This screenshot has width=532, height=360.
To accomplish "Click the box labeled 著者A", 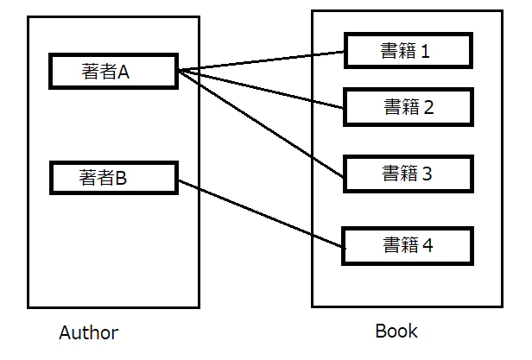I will (x=113, y=72).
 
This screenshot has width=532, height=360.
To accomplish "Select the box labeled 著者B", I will (x=113, y=178).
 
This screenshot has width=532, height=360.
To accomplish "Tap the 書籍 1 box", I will (x=408, y=50).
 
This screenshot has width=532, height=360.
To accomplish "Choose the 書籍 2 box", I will (x=408, y=106).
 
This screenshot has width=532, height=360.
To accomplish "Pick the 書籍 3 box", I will (x=408, y=174).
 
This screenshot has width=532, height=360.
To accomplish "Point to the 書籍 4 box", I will (x=408, y=244).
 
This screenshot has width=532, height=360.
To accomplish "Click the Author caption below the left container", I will (x=88, y=332).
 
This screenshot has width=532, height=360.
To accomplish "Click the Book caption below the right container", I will (x=396, y=331).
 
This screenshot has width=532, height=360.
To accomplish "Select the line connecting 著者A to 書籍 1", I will (x=259, y=60).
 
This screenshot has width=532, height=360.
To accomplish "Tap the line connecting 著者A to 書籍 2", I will (x=259, y=87).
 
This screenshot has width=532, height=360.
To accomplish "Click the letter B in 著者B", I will (x=122, y=178).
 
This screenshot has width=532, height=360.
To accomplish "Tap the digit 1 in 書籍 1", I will (x=425, y=51).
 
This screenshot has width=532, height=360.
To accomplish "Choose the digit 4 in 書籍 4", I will (x=427, y=245).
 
